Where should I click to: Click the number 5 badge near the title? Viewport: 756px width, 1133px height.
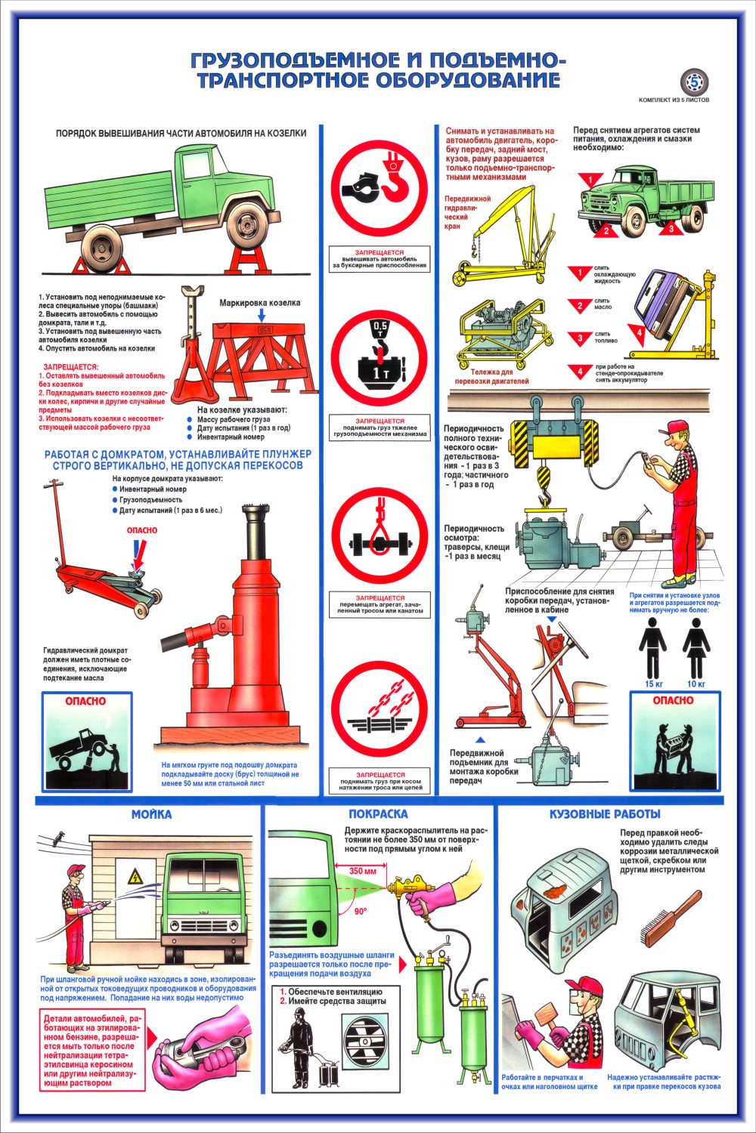(694, 81)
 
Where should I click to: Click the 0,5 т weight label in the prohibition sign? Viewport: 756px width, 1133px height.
(380, 329)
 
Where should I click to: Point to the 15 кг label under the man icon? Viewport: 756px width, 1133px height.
(654, 684)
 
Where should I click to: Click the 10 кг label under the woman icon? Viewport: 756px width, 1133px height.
(696, 684)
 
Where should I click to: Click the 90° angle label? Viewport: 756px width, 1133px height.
(361, 911)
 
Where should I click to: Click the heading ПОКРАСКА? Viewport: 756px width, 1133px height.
(378, 813)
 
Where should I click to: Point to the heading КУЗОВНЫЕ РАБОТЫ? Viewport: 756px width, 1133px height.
(605, 813)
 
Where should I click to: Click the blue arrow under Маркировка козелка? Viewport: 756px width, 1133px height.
(262, 315)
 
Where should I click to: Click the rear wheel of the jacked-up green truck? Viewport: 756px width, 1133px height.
(102, 249)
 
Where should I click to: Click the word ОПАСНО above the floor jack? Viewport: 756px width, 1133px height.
(142, 530)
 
